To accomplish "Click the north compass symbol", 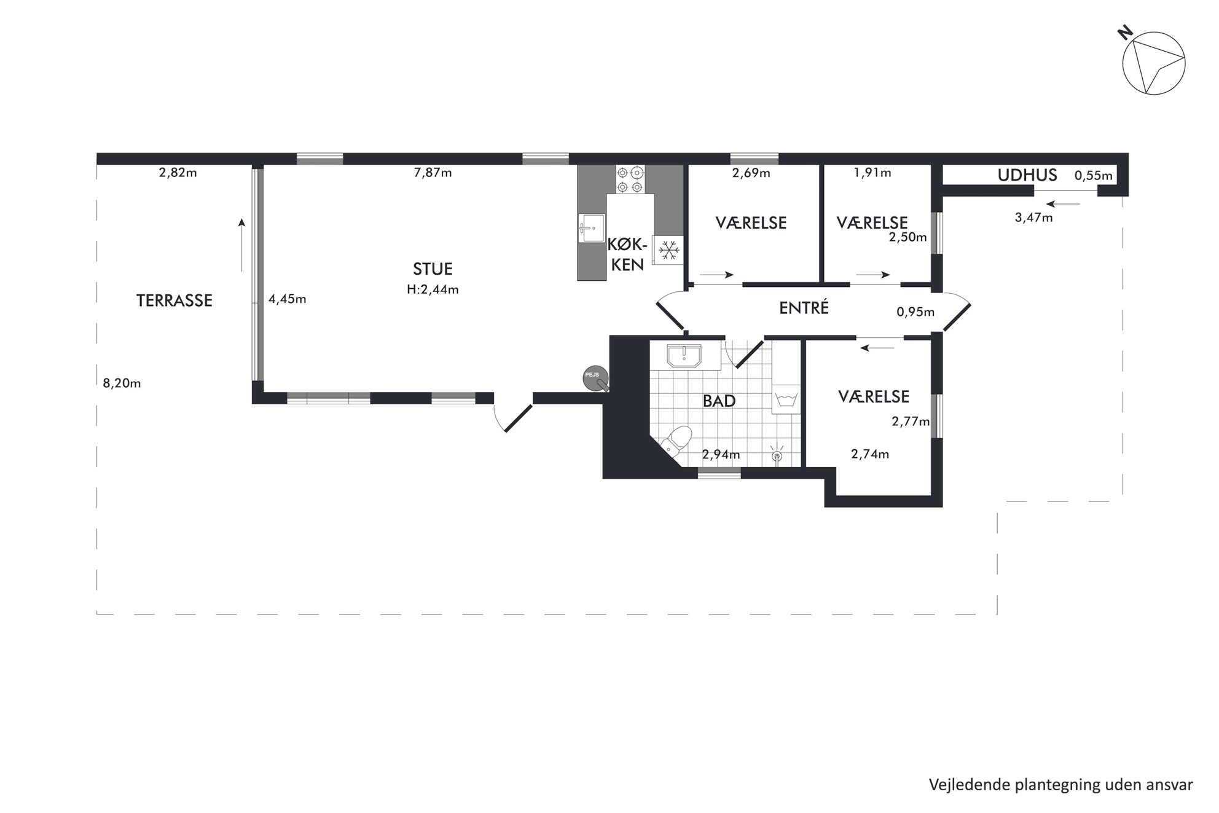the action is click(x=1153, y=63).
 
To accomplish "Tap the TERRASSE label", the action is click(x=174, y=300).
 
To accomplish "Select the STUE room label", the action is click(x=433, y=269).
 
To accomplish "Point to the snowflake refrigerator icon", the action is click(x=668, y=250).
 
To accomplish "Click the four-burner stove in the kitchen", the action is click(x=631, y=179).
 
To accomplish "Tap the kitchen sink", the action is click(x=591, y=228).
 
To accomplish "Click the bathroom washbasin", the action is click(x=684, y=356).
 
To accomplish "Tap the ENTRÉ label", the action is click(x=804, y=307).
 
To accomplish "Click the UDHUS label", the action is click(x=1027, y=175).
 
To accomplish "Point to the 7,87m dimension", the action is click(x=433, y=173).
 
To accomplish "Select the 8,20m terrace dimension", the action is click(x=122, y=383).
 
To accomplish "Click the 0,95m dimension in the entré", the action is click(x=915, y=312).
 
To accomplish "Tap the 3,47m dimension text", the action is click(x=1033, y=218).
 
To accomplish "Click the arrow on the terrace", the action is click(x=242, y=245).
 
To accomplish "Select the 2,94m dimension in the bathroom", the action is click(x=721, y=455).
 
